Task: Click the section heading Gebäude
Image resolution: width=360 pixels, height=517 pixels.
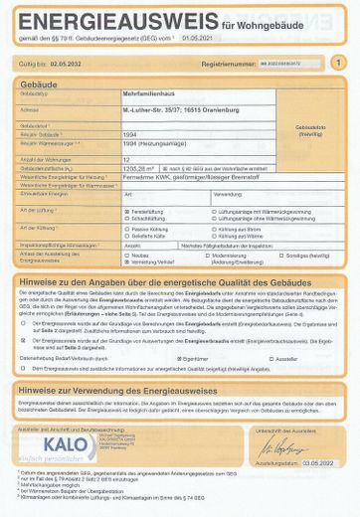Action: click(40, 82)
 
